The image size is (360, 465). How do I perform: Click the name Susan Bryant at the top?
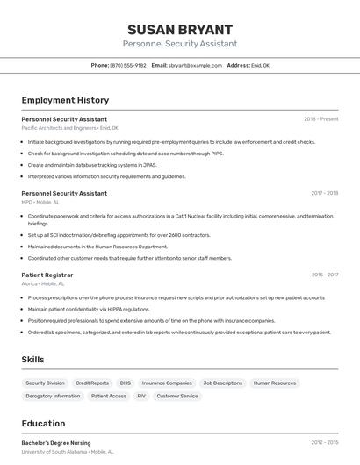(179, 29)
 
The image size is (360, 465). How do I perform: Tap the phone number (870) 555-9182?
(128, 66)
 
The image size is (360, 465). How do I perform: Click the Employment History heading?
(65, 100)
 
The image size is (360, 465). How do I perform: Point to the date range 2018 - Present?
(320, 119)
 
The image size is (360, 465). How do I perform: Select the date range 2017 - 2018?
(324, 193)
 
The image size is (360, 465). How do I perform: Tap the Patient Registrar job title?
(47, 275)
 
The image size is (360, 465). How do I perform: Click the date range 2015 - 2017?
(324, 275)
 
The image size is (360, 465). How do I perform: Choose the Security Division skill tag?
(45, 383)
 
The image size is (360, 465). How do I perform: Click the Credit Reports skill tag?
(92, 383)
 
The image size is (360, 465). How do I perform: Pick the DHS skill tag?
(126, 383)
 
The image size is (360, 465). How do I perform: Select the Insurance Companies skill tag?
(167, 383)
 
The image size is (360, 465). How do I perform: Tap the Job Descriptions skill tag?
(222, 383)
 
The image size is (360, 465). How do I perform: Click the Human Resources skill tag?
(275, 383)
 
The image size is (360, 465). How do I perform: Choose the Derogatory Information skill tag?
(53, 396)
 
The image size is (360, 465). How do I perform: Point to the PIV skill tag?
(140, 396)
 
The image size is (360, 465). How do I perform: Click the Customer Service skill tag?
(176, 396)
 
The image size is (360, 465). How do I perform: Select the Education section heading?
(43, 424)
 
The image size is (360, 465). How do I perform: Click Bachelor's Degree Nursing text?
(55, 443)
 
